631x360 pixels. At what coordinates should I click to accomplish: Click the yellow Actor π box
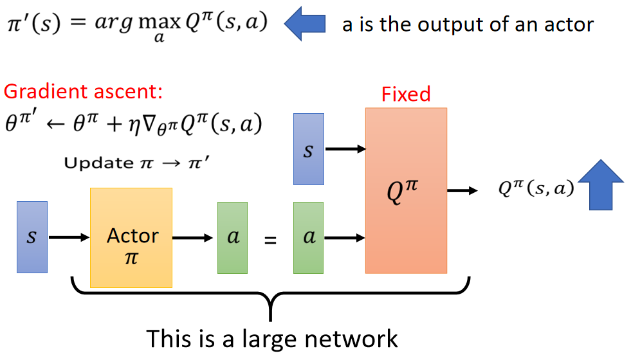point(131,237)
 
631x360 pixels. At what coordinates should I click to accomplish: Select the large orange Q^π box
point(406,190)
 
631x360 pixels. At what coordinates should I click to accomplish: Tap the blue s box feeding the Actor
point(32,237)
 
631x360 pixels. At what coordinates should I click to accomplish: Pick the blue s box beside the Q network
point(309,149)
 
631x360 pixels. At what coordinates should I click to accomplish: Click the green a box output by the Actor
point(233,237)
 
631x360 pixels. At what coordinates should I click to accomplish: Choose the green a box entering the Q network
point(309,237)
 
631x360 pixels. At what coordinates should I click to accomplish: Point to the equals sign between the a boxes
point(271,240)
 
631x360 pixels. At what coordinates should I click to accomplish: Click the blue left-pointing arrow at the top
point(306,23)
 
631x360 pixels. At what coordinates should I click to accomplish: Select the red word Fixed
point(406,94)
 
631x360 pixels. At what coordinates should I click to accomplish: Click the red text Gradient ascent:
point(83,92)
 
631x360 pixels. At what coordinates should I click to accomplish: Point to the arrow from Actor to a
point(193,237)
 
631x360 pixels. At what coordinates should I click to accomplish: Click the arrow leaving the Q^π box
point(462,190)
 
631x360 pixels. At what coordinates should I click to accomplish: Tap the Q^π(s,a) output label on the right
point(536,188)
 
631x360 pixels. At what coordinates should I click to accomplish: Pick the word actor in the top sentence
point(564,24)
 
